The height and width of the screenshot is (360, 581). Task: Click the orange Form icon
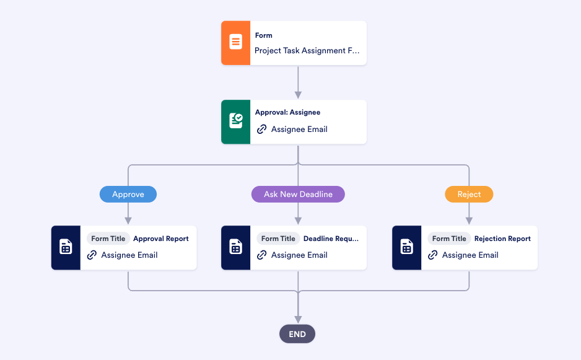[x=235, y=43]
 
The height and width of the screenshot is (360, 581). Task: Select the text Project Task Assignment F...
[x=307, y=51]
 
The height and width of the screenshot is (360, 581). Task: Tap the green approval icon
[x=235, y=121]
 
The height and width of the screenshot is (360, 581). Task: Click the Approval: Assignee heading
[x=287, y=113]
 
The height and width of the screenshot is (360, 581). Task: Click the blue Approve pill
[x=128, y=195]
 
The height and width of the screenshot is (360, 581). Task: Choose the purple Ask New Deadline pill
[x=298, y=195]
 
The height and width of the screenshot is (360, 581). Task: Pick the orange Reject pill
[x=469, y=195]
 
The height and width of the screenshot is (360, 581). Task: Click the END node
[x=297, y=334]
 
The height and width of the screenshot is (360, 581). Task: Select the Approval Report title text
[x=161, y=239]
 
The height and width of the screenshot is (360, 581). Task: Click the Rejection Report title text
[x=502, y=239]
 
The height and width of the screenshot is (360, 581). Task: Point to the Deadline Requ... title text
[x=331, y=239]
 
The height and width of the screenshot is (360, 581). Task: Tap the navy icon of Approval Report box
[x=66, y=247]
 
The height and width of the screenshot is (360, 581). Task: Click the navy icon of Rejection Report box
[x=406, y=247]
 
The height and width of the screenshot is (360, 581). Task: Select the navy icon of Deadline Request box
[x=235, y=247]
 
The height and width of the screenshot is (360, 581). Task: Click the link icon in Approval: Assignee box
[x=261, y=130]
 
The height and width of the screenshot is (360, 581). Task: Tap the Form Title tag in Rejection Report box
[x=449, y=239]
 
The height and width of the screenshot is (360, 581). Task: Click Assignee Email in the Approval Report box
[x=129, y=255]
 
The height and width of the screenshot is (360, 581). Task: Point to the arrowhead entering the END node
[x=298, y=320]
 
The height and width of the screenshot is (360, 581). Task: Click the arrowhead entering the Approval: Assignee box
[x=298, y=95]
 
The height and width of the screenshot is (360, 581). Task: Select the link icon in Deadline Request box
[x=261, y=255]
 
